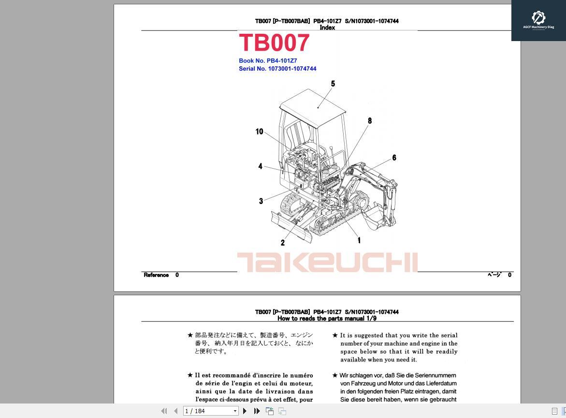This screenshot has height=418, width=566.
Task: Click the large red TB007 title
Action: [274, 43]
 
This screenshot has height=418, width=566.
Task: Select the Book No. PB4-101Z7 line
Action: [268, 61]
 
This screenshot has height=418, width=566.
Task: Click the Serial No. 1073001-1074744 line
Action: [277, 69]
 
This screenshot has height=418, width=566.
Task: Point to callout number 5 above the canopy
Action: [333, 84]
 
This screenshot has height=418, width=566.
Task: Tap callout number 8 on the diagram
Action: [370, 121]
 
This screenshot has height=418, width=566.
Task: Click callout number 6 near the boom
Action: [394, 158]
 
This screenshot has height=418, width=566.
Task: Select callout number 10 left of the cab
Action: [260, 131]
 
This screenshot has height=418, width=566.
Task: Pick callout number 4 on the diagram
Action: [260, 166]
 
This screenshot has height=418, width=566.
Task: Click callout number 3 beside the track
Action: [261, 201]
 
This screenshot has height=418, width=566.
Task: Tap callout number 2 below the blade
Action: [283, 243]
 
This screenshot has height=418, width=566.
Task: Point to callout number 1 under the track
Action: [359, 240]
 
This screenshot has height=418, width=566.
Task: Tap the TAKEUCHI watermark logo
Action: [327, 262]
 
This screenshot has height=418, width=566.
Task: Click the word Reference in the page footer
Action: [156, 275]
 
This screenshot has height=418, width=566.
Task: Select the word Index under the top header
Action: [327, 28]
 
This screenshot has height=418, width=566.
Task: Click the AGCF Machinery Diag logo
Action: [538, 20]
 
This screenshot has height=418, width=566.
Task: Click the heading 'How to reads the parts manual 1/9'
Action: [327, 318]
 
